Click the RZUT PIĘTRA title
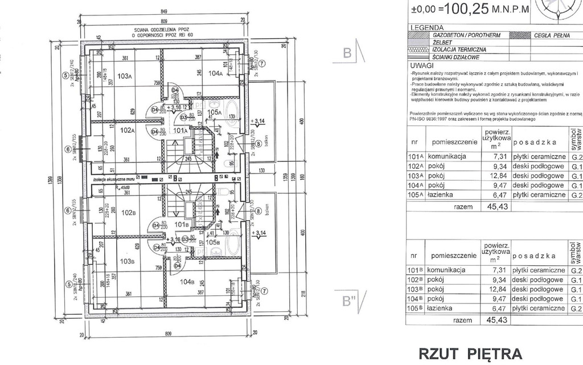(470, 354)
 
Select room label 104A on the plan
(215, 74)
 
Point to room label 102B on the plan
(127, 213)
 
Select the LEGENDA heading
(426, 27)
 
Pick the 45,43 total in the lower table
(495, 320)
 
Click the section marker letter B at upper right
(348, 54)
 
